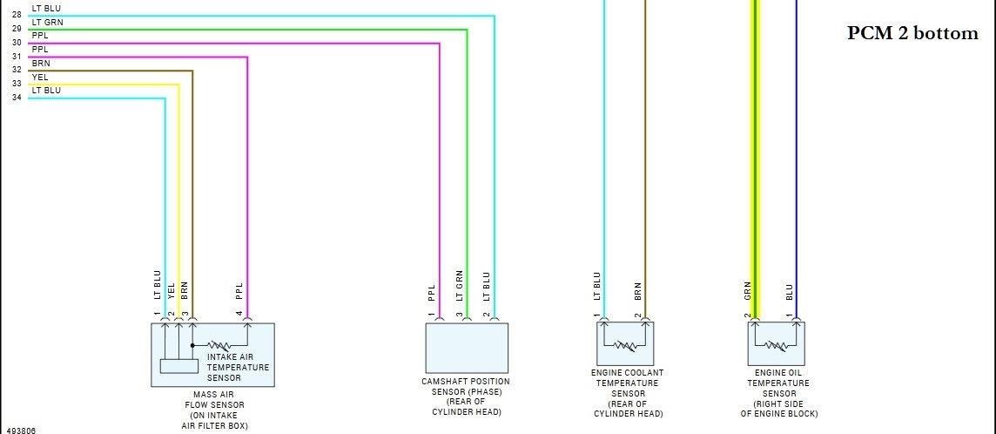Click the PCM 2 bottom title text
pos(913,34)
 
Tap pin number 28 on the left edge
pos(17,15)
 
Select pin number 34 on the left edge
pos(17,98)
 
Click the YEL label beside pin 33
pos(40,78)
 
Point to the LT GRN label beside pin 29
pos(47,22)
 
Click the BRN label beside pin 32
pos(41,64)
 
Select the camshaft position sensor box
pos(466,348)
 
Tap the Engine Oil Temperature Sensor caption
pos(778,393)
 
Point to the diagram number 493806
pos(22,430)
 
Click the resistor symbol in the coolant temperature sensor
pos(625,346)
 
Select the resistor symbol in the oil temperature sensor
pos(777,346)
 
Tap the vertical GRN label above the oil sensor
pos(748,291)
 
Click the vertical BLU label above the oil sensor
pos(789,291)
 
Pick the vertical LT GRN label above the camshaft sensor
pos(459,287)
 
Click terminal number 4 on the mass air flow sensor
pos(239,314)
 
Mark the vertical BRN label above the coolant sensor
pos(638,291)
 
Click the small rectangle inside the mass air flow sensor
pos(178,367)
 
